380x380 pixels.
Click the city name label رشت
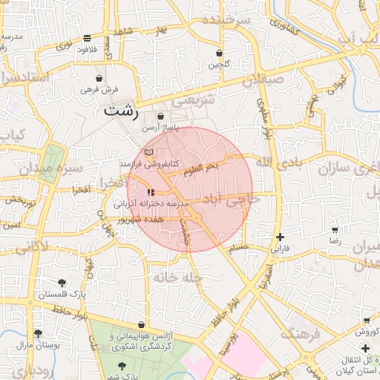pos(121,112)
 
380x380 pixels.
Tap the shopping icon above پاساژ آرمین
pos(161,117)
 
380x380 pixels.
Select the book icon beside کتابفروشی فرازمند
pos(149,152)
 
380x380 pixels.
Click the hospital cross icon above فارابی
pos(280,237)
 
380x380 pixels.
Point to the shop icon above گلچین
pos(219,53)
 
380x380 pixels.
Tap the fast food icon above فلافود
pos(88,37)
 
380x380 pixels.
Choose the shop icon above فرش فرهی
pos(99,78)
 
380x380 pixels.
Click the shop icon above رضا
pos(335,231)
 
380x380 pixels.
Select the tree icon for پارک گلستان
pos(62,283)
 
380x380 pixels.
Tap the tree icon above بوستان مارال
pos(38,333)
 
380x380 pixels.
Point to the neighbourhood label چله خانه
pos(177,277)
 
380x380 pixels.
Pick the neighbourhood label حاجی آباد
pos(235,200)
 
